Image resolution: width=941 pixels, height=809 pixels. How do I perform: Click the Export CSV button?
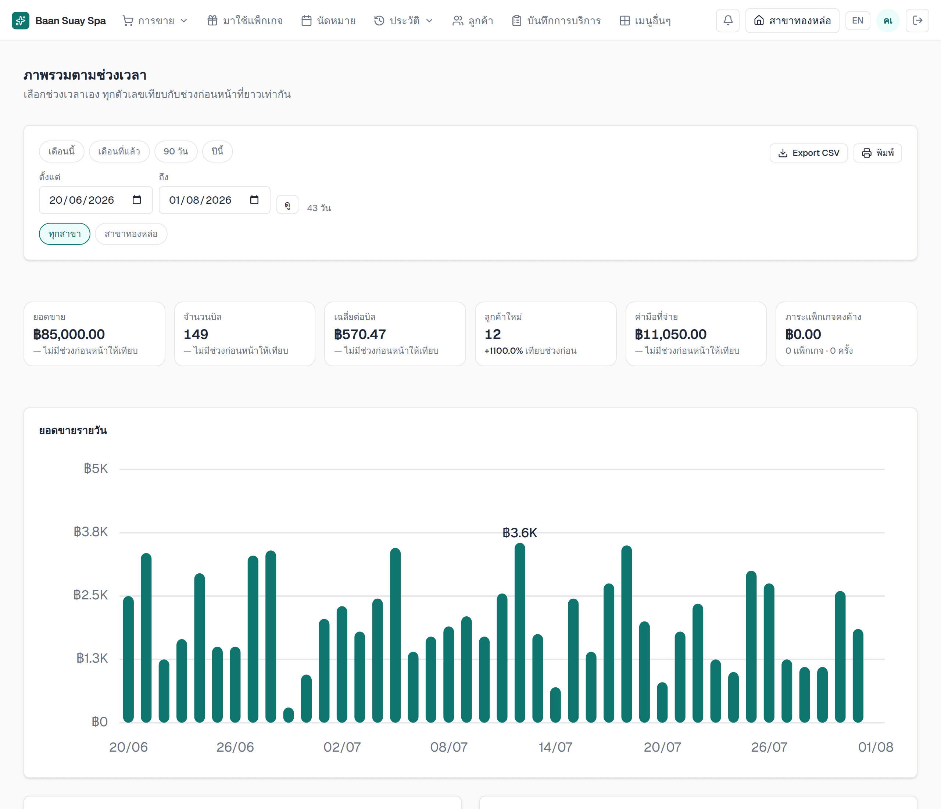pyautogui.click(x=808, y=153)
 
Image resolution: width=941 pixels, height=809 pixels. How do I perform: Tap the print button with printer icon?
pyautogui.click(x=877, y=153)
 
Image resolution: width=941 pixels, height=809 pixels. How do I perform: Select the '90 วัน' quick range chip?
pyautogui.click(x=176, y=151)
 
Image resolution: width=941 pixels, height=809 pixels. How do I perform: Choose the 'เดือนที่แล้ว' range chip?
pyautogui.click(x=119, y=151)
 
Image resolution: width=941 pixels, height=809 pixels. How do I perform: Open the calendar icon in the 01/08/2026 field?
pyautogui.click(x=254, y=200)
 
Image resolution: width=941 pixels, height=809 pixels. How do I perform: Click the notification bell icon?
pyautogui.click(x=727, y=21)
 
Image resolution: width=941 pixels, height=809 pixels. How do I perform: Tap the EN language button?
pyautogui.click(x=858, y=21)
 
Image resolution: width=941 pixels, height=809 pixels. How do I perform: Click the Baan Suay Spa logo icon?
pyautogui.click(x=21, y=21)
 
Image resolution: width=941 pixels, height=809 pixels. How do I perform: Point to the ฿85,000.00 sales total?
pyautogui.click(x=69, y=334)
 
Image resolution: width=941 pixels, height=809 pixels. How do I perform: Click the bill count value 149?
pyautogui.click(x=196, y=334)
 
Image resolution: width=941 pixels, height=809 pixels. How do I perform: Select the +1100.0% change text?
pyautogui.click(x=504, y=351)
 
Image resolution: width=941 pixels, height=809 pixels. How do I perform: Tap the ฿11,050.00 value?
pyautogui.click(x=671, y=334)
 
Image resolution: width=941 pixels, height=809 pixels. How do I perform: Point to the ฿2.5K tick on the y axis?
pyautogui.click(x=91, y=595)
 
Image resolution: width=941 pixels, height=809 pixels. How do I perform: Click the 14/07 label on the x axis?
pyautogui.click(x=555, y=747)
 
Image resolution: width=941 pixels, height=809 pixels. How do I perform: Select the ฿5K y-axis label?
pyautogui.click(x=96, y=469)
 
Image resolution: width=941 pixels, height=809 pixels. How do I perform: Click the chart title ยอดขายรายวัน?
pyautogui.click(x=73, y=431)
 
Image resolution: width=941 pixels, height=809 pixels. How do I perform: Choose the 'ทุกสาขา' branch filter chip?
pyautogui.click(x=64, y=234)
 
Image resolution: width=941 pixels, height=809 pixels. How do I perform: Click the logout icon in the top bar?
pyautogui.click(x=917, y=21)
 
